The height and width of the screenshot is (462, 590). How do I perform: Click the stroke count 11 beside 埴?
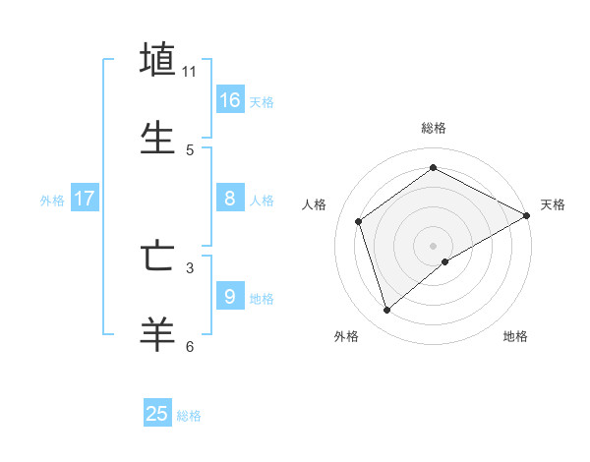pyautogui.click(x=190, y=72)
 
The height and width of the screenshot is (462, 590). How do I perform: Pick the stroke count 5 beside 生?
pyautogui.click(x=190, y=149)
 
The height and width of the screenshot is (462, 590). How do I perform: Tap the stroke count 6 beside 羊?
pyautogui.click(x=190, y=346)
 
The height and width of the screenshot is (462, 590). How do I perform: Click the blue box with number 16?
pyautogui.click(x=230, y=100)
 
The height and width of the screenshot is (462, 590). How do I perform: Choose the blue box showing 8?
pyautogui.click(x=230, y=199)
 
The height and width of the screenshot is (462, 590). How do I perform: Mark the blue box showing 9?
pyautogui.click(x=230, y=296)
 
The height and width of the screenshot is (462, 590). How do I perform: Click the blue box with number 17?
pyautogui.click(x=85, y=199)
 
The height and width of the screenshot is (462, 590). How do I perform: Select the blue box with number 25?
pyautogui.click(x=157, y=414)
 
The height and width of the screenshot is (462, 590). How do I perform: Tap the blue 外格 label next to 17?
pyautogui.click(x=52, y=200)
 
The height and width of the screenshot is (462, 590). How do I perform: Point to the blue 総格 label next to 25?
pyautogui.click(x=189, y=416)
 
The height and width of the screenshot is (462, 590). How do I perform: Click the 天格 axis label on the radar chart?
pyautogui.click(x=554, y=204)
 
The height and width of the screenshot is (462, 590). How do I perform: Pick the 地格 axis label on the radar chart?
pyautogui.click(x=515, y=336)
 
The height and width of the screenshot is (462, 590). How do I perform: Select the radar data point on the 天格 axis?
pyautogui.click(x=527, y=215)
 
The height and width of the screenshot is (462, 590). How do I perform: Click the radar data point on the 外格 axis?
pyautogui.click(x=386, y=311)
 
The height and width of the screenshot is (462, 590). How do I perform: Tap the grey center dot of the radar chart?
pyautogui.click(x=434, y=245)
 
